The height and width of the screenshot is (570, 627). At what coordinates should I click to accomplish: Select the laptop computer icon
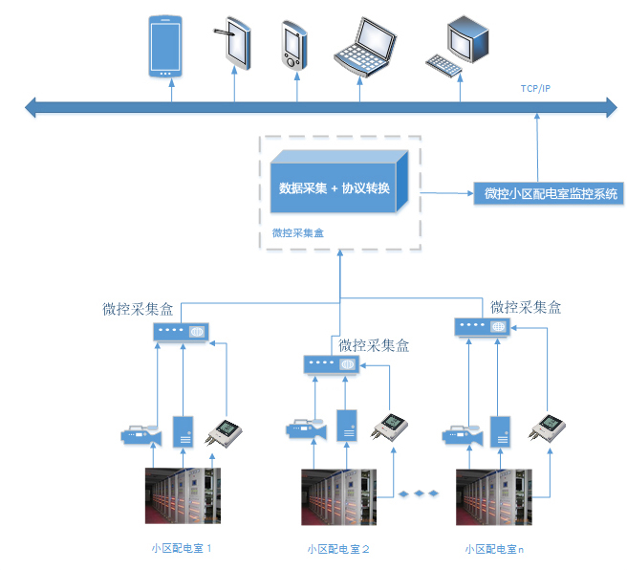click(362, 48)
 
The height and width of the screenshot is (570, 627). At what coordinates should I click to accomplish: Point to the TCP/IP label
click(535, 89)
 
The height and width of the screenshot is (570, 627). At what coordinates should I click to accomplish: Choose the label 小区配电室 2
click(338, 549)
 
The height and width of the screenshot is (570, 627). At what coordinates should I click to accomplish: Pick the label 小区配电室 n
click(494, 549)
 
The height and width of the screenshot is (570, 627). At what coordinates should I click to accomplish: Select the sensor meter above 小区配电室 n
click(549, 427)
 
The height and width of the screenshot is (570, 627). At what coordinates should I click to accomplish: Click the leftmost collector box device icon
click(182, 332)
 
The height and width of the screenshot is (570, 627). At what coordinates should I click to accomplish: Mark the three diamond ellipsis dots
click(419, 493)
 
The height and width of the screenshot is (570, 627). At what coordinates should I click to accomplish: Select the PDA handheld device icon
click(292, 45)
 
